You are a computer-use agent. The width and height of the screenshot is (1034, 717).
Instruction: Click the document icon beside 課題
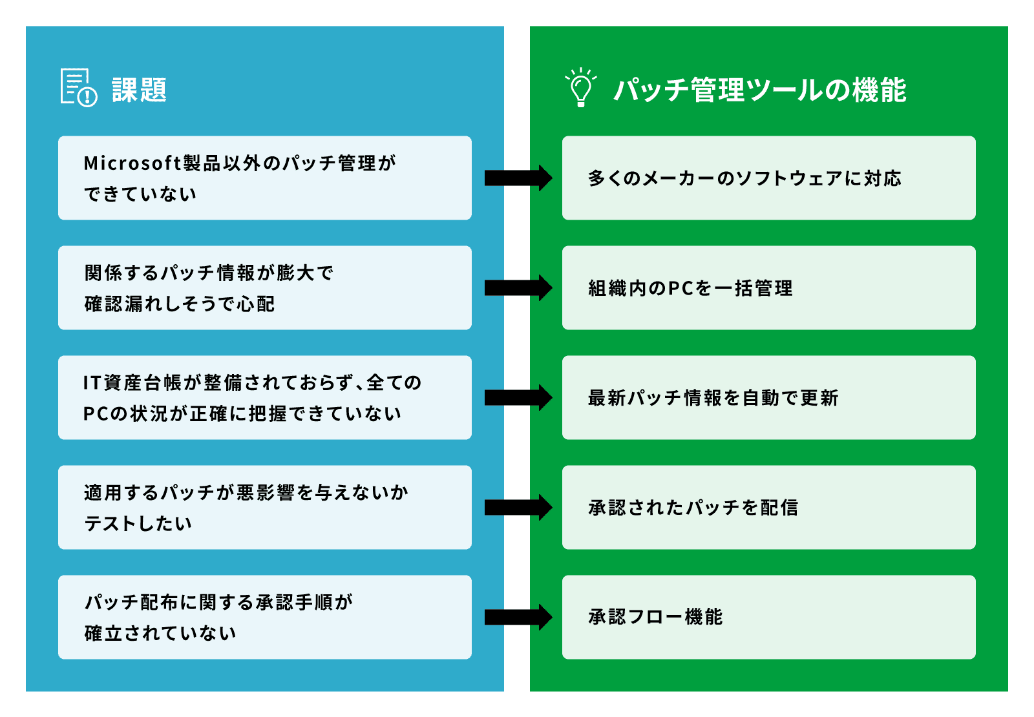click(78, 87)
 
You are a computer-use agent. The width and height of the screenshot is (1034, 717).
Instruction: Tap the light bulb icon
click(580, 87)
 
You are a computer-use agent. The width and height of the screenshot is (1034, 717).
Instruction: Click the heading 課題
click(139, 90)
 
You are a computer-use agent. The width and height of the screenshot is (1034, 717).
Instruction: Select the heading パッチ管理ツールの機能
click(759, 90)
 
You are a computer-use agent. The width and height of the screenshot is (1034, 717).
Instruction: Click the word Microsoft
click(132, 163)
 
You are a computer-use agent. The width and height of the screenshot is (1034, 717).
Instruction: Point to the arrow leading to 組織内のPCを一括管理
click(518, 287)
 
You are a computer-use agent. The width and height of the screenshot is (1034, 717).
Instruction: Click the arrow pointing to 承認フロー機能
click(518, 617)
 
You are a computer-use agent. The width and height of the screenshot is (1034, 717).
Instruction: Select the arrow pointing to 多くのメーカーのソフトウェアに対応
click(518, 178)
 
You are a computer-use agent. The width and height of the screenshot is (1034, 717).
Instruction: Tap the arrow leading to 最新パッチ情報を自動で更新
click(518, 397)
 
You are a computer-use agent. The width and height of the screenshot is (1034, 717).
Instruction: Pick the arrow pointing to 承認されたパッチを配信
click(518, 507)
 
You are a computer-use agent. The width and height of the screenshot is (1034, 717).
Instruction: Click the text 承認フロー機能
click(655, 617)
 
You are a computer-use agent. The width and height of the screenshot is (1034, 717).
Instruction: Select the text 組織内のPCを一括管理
click(690, 288)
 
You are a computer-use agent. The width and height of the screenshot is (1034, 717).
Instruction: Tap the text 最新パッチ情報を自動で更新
click(713, 398)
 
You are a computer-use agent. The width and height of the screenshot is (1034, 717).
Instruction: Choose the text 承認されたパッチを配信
click(693, 508)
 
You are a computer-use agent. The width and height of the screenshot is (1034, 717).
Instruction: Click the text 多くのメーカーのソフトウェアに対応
click(744, 178)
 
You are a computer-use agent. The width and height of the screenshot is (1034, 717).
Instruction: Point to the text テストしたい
click(138, 523)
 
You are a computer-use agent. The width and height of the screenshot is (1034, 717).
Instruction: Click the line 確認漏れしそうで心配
click(180, 304)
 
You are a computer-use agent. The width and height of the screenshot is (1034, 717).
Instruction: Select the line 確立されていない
click(160, 633)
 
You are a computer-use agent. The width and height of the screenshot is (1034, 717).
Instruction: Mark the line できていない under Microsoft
click(140, 194)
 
